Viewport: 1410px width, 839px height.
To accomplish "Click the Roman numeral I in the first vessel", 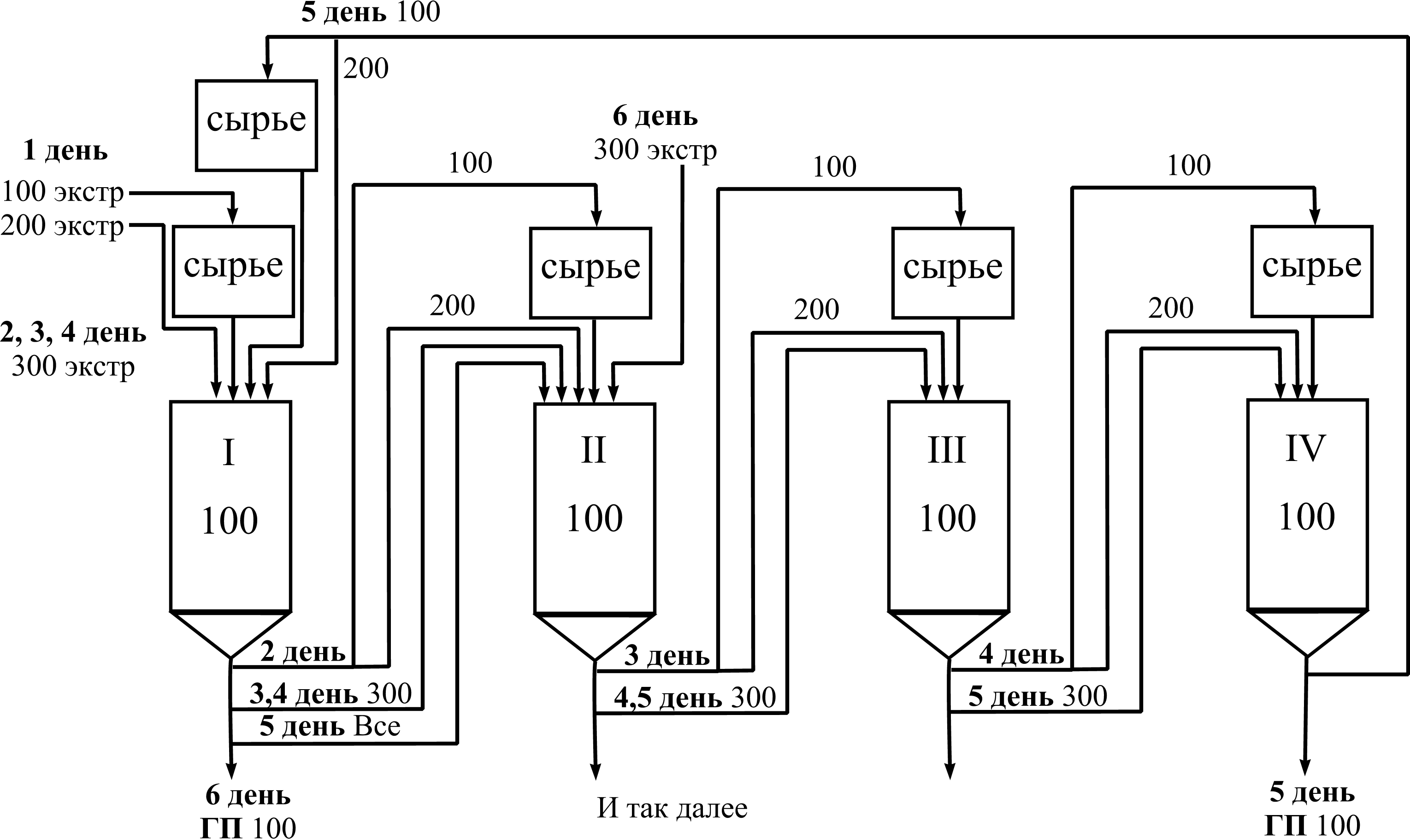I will (x=229, y=453).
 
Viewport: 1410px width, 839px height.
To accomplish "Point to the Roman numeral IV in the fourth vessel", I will (x=1305, y=449).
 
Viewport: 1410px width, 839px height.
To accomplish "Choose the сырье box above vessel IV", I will (x=1312, y=272).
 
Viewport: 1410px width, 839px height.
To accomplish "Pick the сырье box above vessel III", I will (x=953, y=272).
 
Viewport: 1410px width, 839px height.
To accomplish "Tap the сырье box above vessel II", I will (x=590, y=272).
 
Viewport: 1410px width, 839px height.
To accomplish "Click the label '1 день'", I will (x=65, y=151).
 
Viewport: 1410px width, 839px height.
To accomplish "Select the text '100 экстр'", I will (x=63, y=192).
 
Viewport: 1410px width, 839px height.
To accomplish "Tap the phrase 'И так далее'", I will (x=672, y=809).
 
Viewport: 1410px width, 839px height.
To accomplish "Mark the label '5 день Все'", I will (x=330, y=727).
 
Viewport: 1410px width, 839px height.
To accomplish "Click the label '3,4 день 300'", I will (x=330, y=694).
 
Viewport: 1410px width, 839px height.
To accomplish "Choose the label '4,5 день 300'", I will (x=695, y=698).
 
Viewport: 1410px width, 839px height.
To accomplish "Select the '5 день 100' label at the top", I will (x=371, y=12).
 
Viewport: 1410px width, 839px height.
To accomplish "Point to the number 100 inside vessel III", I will (x=948, y=518).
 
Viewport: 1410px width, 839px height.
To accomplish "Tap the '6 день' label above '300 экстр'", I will (x=655, y=117).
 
